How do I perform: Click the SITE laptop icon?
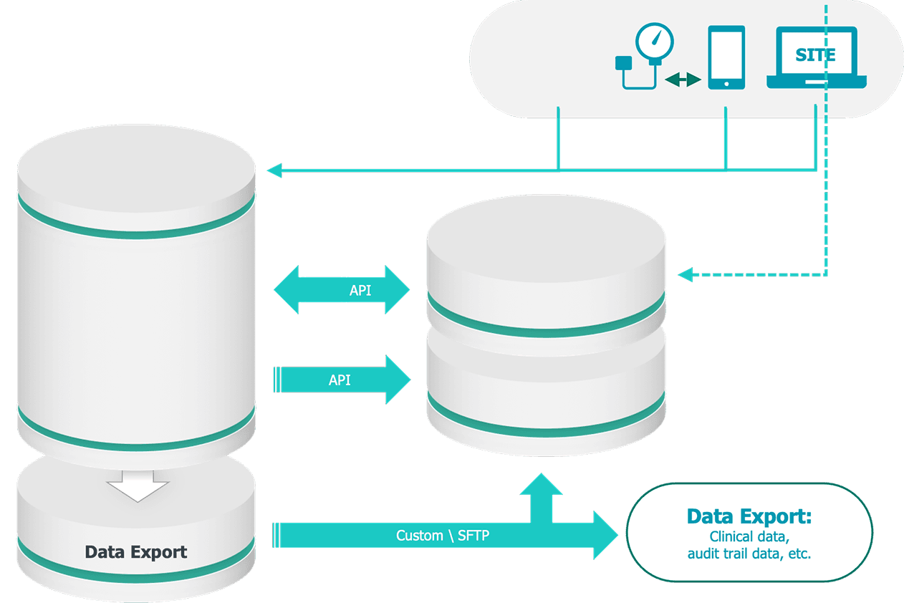pyautogui.click(x=816, y=59)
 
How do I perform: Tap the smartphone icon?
pyautogui.click(x=726, y=57)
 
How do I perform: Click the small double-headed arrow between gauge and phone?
pyautogui.click(x=683, y=79)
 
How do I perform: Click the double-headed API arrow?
pyautogui.click(x=342, y=290)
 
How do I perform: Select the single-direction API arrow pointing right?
pyautogui.click(x=342, y=380)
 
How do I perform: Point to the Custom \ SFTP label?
pyautogui.click(x=443, y=536)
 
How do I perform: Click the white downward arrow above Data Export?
pyautogui.click(x=138, y=487)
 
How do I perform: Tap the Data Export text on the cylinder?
pyautogui.click(x=136, y=552)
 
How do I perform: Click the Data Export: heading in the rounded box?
pyautogui.click(x=749, y=516)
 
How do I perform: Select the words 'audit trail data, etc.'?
pyautogui.click(x=749, y=554)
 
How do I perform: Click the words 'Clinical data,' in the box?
pyautogui.click(x=749, y=536)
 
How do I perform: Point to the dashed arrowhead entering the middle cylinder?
pyautogui.click(x=686, y=274)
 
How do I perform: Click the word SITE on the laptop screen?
pyautogui.click(x=816, y=56)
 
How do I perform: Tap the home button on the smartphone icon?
pyautogui.click(x=726, y=84)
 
